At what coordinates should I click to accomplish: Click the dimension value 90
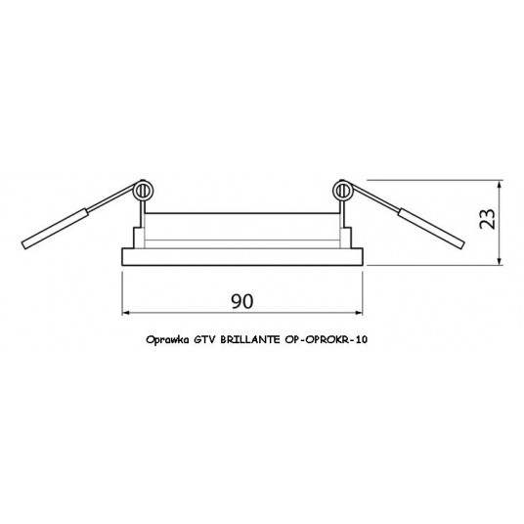(242, 301)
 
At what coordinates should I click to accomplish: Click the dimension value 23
(488, 219)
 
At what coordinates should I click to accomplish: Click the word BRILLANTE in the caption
(250, 339)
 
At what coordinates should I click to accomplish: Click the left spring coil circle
(144, 192)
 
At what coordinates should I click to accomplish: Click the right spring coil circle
(342, 192)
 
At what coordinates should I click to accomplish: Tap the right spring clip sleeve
(431, 229)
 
